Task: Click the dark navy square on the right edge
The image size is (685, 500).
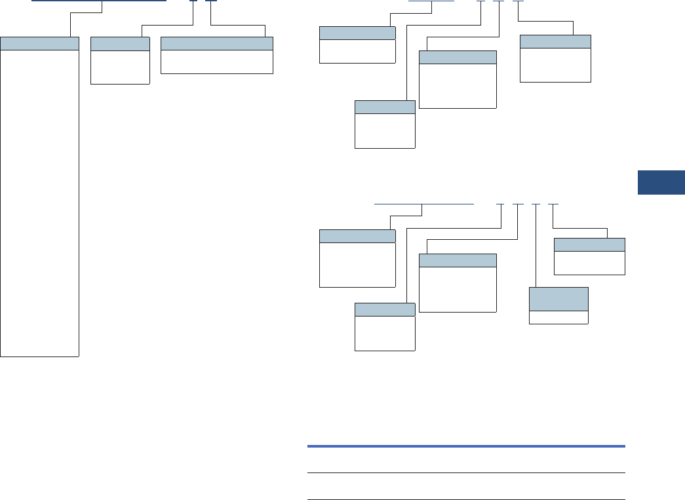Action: coord(661,183)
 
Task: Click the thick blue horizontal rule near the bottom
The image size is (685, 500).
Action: coord(466,446)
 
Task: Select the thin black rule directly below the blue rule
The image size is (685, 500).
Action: coord(466,472)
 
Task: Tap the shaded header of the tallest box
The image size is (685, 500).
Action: coord(39,44)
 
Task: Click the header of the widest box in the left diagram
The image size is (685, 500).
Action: coord(216,44)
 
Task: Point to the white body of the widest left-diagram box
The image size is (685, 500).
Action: coord(216,62)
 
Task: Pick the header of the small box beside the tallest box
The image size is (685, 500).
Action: coord(120,44)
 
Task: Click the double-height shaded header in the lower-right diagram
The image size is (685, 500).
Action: coord(558,299)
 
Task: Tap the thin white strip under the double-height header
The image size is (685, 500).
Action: coord(558,317)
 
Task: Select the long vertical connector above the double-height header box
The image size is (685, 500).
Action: coord(536,246)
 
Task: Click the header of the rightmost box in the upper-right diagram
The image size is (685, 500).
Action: coord(555,41)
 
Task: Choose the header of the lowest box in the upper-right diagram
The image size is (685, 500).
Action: coord(385,107)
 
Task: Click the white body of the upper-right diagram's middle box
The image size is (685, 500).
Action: coord(458,85)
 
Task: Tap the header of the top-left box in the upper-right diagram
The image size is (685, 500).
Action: coord(357,33)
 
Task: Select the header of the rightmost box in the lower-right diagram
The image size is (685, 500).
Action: coord(589,244)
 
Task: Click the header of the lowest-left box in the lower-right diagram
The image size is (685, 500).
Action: coord(385,309)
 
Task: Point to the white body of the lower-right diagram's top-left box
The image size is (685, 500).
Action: coord(357,265)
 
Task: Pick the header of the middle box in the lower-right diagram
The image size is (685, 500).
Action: coord(458,260)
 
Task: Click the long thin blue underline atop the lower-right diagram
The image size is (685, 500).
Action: coord(423,204)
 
